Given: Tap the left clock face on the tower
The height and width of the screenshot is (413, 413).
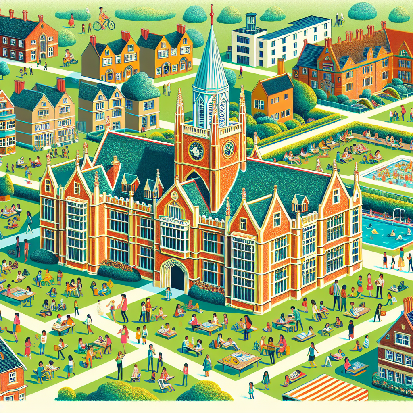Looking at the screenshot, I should click(x=196, y=150).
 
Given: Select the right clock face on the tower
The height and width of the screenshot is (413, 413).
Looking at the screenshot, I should click(x=229, y=149).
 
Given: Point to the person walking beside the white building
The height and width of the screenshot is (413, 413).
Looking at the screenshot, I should click(x=241, y=72).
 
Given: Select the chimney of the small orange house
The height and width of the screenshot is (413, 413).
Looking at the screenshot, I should click(x=281, y=66).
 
